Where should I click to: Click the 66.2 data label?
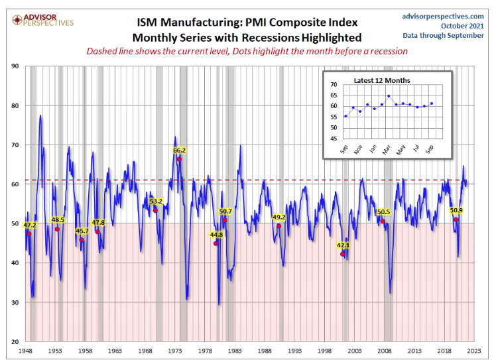click(180, 150)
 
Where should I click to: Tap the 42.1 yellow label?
click(343, 245)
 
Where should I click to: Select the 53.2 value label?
click(156, 202)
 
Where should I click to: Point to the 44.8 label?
click(216, 235)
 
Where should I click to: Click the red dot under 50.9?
click(456, 219)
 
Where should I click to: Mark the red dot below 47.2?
click(29, 233)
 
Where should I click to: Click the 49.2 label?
click(278, 217)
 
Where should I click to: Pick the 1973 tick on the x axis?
click(175, 350)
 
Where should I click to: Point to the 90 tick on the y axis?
click(15, 66)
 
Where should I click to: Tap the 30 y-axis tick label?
click(15, 302)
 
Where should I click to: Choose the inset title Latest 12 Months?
click(382, 80)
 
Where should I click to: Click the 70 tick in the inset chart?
click(334, 85)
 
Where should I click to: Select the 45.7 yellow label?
click(82, 231)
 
